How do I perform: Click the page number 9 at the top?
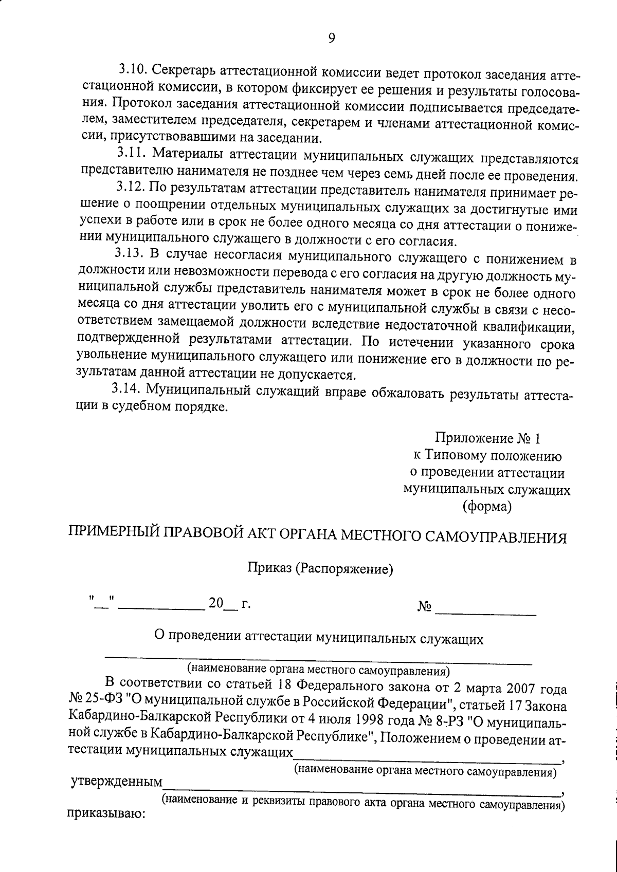click(x=332, y=38)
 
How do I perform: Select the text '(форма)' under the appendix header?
click(x=487, y=507)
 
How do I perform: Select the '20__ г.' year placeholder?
click(x=229, y=603)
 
